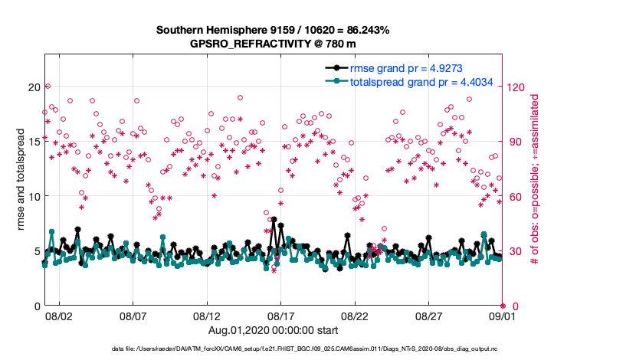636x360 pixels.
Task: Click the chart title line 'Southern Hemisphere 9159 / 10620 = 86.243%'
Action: click(x=273, y=31)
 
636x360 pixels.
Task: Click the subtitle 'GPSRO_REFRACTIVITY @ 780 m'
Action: click(x=273, y=44)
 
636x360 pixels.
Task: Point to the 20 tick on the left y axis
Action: click(x=33, y=87)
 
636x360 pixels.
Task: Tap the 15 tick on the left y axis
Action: click(x=33, y=142)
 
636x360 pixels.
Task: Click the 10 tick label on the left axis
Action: click(x=33, y=196)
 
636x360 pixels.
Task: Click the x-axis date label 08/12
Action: click(x=208, y=316)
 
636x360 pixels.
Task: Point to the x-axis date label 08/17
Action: click(x=281, y=316)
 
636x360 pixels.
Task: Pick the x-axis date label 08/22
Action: click(x=356, y=316)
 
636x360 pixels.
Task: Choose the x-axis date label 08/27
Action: click(x=429, y=316)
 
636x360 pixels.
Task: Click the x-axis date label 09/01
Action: click(x=503, y=316)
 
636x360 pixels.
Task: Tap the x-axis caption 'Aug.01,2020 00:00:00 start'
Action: click(x=273, y=329)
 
